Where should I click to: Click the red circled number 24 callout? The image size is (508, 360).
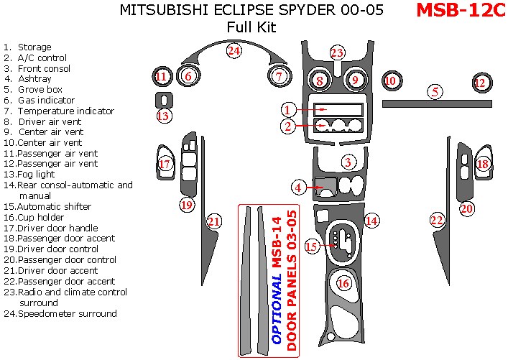pos(234,50)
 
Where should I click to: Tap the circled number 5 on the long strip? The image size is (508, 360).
pos(434,91)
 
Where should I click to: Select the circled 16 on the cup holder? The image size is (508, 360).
pos(343,283)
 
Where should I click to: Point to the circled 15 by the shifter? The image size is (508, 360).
pos(311,246)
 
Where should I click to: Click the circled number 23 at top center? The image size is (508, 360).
pos(337,52)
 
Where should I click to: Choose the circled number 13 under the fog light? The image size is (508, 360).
pos(163,116)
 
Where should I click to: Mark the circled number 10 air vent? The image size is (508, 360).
pos(390,81)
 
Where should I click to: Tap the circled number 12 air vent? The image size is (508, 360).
pos(480,83)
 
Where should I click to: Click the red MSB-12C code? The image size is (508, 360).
pos(461,11)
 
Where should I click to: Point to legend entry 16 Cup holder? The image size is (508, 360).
pos(44,216)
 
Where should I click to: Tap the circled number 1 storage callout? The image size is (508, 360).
pos(287,110)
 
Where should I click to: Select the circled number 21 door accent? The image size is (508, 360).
pos(213,221)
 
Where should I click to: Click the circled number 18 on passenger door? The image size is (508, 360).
pos(483,165)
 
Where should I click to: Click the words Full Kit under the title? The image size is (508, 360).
pos(251,27)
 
